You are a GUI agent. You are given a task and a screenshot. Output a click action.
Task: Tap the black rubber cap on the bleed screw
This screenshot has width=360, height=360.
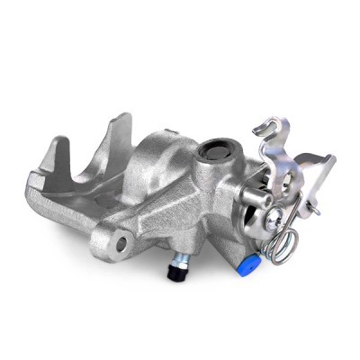pyautogui.click(x=174, y=274)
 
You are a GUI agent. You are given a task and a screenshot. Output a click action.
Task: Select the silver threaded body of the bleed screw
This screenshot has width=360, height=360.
pyautogui.click(x=178, y=263)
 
